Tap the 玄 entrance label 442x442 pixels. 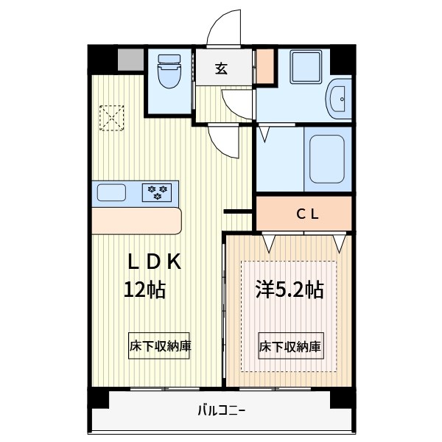220,69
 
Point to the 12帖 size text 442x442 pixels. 144,289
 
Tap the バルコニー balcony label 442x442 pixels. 221,410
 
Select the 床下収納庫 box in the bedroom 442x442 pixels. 290,346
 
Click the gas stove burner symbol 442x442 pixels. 157,192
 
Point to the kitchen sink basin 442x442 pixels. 111,193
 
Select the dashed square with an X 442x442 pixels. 113,117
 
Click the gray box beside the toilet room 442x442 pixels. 130,59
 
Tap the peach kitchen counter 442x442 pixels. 136,220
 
